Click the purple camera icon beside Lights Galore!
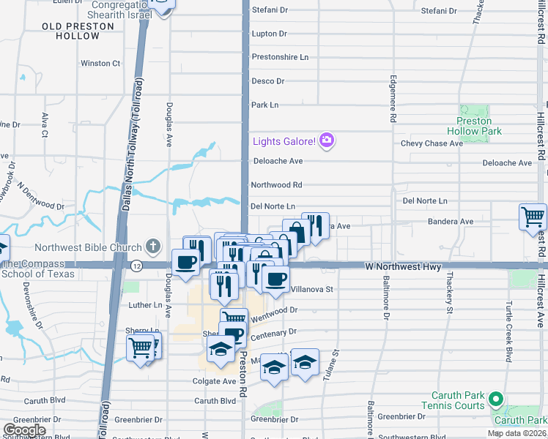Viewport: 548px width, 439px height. (x=327, y=140)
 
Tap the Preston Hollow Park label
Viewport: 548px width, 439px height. (x=479, y=126)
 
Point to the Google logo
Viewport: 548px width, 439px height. (x=24, y=430)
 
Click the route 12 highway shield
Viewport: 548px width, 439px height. (x=136, y=266)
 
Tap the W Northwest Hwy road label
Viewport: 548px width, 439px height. (x=404, y=268)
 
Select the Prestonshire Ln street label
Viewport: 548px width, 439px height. (x=280, y=57)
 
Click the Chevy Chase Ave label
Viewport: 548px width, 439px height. (x=432, y=143)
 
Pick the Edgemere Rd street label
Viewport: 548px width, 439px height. (x=393, y=98)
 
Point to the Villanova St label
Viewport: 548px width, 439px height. (x=312, y=289)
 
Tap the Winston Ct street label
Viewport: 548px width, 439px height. (x=100, y=64)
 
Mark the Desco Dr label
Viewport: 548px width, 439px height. (x=267, y=81)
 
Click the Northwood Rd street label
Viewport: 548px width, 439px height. (x=276, y=185)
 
